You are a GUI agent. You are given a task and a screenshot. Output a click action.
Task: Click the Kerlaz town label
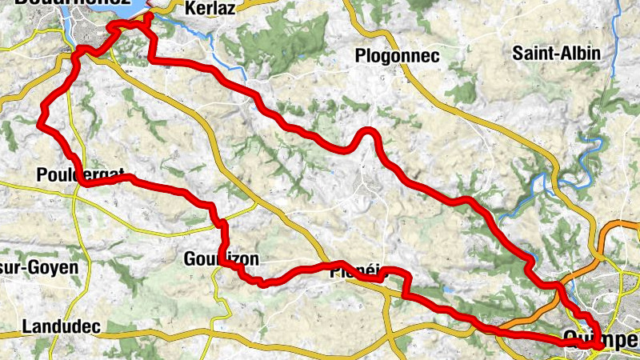(x=210, y=9)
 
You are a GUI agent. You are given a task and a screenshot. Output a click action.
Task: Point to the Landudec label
(x=61, y=326)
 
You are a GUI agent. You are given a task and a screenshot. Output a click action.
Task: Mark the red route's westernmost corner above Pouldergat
(x=40, y=122)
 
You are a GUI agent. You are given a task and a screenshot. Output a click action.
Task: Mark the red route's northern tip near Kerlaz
(x=148, y=15)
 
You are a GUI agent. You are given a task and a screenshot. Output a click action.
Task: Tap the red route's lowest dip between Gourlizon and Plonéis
(x=262, y=282)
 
